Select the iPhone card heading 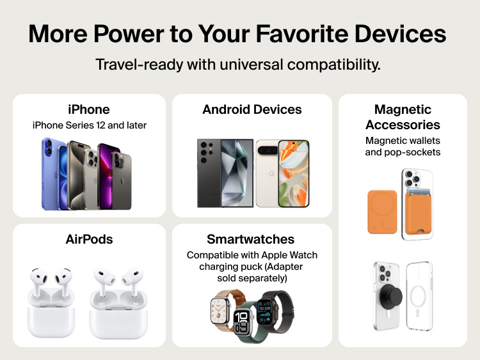coord(89,109)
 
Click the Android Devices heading coord(252,109)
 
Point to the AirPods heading coord(89,240)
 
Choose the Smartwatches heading coord(251,240)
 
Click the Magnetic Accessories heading coord(403,117)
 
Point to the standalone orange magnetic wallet coord(382,211)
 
